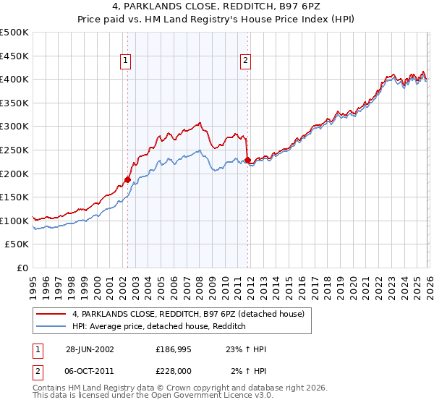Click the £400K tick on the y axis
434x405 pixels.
click(x=14, y=80)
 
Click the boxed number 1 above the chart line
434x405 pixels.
click(x=127, y=61)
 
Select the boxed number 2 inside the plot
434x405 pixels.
click(x=246, y=61)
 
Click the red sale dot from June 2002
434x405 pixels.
click(x=127, y=179)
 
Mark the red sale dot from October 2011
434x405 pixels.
click(x=247, y=160)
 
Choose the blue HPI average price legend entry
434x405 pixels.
click(x=159, y=327)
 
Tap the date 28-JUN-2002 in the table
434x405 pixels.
click(x=90, y=349)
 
